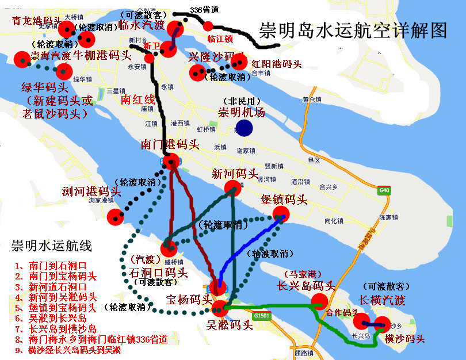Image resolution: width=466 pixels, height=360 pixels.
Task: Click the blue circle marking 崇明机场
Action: (x=243, y=128)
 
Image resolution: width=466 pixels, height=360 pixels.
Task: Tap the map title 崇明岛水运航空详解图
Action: (x=353, y=30)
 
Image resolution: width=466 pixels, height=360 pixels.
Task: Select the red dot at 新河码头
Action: (x=232, y=187)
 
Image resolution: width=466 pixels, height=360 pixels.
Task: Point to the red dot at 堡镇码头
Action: (x=281, y=215)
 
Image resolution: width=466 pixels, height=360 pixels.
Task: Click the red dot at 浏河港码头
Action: (x=116, y=217)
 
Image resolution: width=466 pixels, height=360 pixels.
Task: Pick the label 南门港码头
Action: (x=171, y=145)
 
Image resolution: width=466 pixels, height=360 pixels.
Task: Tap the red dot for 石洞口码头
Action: (x=168, y=248)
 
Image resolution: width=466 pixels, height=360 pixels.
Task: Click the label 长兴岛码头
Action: (x=305, y=285)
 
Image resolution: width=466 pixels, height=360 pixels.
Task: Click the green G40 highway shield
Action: (x=383, y=190)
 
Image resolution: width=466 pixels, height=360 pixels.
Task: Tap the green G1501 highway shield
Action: (x=262, y=316)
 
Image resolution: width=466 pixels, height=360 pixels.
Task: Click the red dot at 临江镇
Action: (x=208, y=26)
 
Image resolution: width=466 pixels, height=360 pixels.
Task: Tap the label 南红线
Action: (x=138, y=99)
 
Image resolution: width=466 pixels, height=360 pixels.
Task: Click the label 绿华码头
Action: (x=44, y=87)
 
